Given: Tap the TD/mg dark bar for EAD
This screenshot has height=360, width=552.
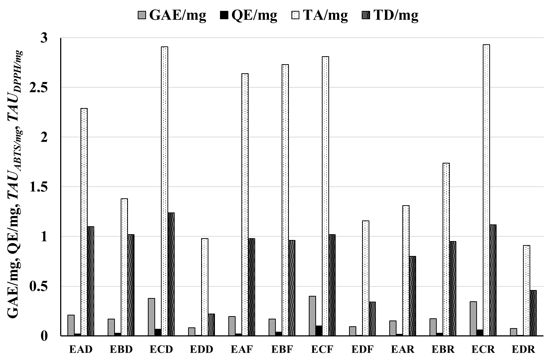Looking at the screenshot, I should click(x=91, y=281).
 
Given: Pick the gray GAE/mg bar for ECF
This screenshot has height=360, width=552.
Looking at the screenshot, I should click(x=312, y=316).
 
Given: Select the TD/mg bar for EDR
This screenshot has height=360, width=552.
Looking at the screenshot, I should click(x=533, y=313).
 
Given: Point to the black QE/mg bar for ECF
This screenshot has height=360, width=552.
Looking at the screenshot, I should click(x=319, y=331).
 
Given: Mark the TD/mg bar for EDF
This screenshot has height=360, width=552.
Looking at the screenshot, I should click(x=372, y=319).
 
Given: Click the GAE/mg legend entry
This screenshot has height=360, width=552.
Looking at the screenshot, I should click(x=172, y=15).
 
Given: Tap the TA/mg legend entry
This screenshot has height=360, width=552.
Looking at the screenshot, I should click(x=320, y=15).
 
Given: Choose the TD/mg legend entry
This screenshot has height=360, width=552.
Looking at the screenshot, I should click(x=390, y=15).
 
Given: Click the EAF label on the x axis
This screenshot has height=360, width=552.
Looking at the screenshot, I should click(x=242, y=349).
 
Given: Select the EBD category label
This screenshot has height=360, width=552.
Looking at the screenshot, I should click(x=121, y=349).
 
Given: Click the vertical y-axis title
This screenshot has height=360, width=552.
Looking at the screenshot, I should click(x=14, y=185).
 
